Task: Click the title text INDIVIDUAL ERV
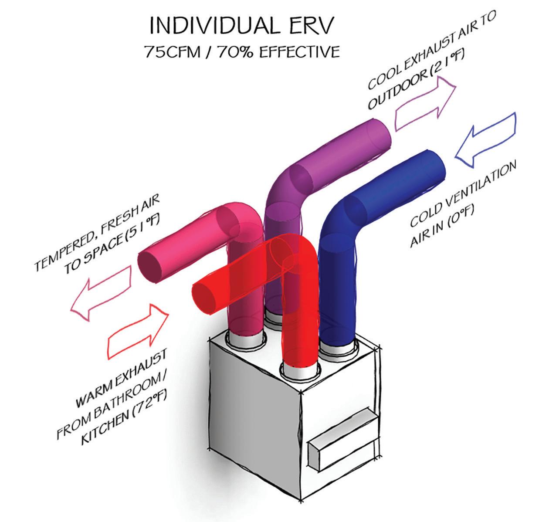click(243, 26)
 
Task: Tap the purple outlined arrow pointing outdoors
click(425, 103)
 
